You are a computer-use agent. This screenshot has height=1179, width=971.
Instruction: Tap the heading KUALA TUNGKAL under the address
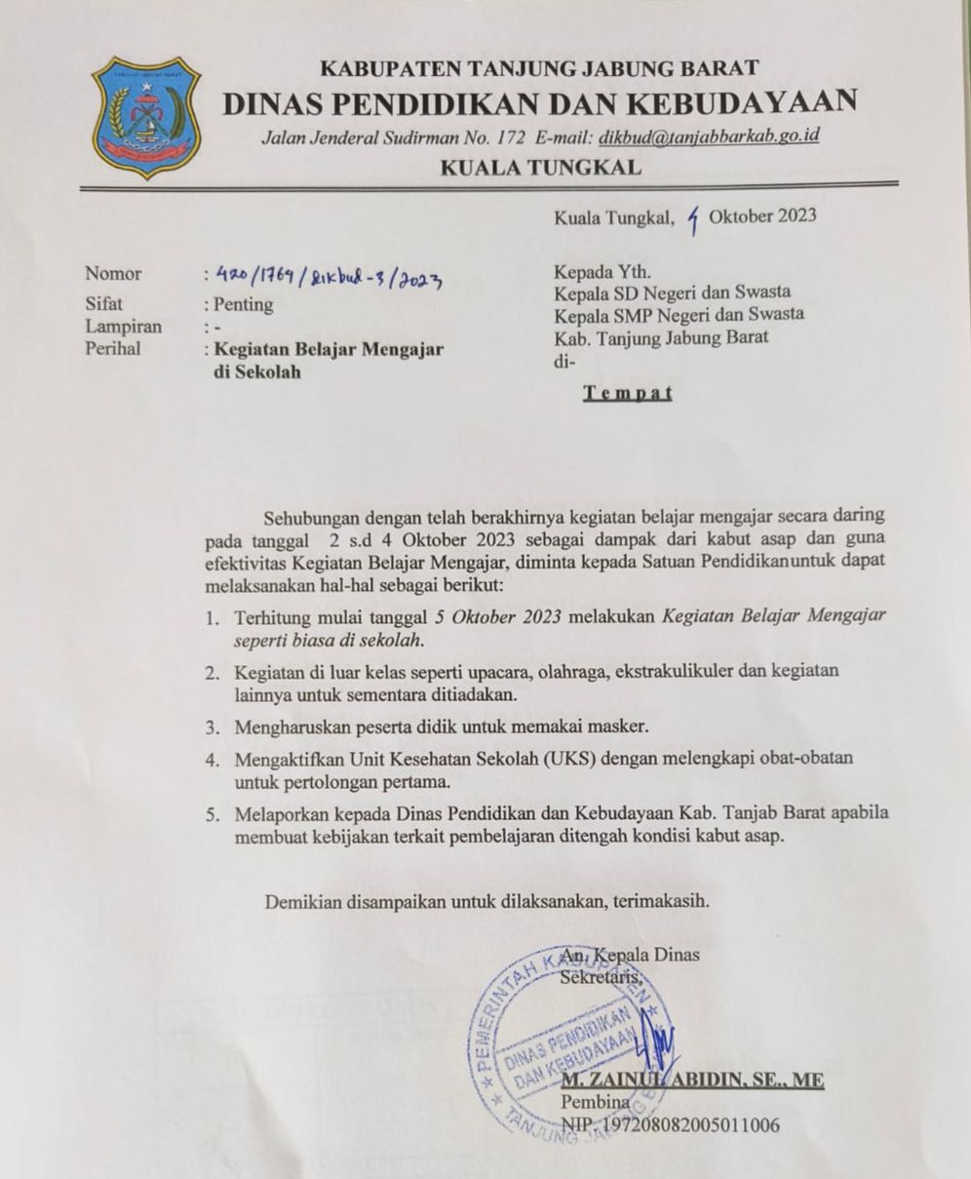(x=541, y=168)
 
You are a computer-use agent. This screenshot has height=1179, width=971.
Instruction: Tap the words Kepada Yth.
(x=596, y=271)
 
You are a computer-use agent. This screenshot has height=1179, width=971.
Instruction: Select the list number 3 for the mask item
(x=211, y=727)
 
